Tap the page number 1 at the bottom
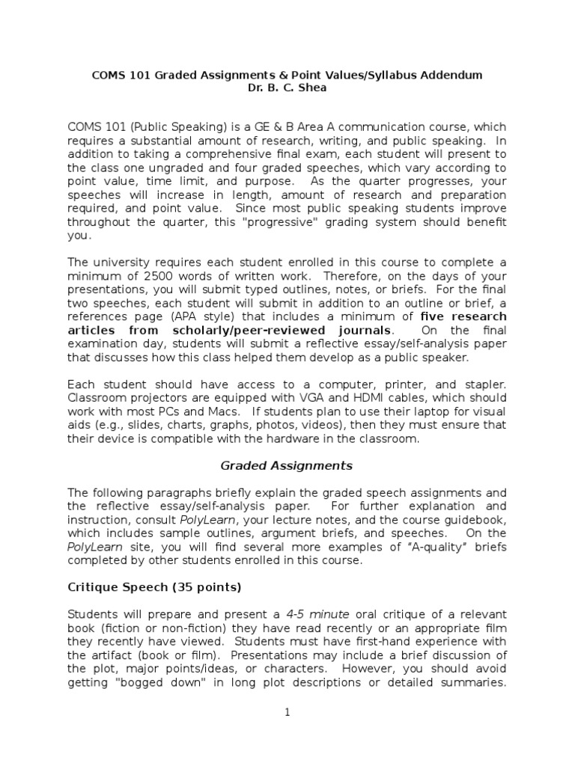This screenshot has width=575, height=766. coord(287,712)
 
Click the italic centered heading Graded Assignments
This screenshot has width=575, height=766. coord(286,465)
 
